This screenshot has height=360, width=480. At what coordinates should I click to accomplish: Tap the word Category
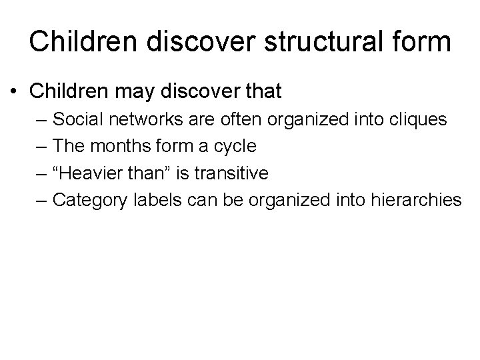coord(85,200)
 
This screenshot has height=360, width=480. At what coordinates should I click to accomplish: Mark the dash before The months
coord(43,147)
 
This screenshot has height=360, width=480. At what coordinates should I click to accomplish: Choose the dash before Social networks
coord(43,120)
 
